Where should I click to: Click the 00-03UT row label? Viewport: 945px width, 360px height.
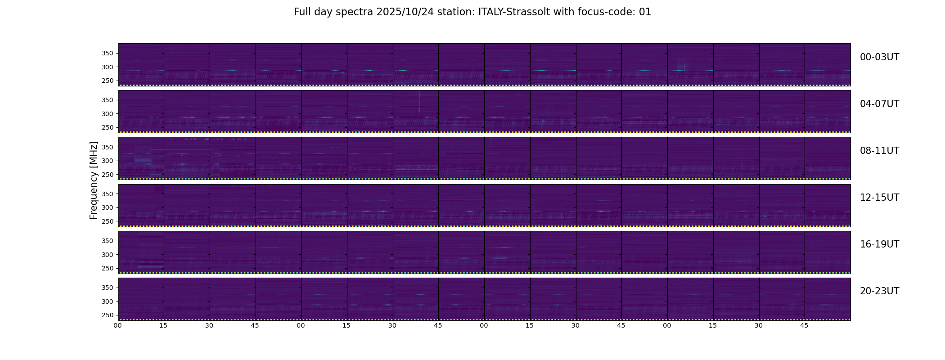pos(879,57)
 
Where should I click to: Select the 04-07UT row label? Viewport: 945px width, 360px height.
pos(879,104)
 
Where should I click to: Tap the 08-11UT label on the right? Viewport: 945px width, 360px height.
pos(879,151)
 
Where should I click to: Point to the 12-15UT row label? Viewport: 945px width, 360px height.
pos(879,198)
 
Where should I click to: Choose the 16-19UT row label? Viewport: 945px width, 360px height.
pos(879,244)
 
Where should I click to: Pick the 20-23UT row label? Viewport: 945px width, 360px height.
pos(879,291)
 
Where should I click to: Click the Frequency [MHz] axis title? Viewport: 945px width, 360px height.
pos(94,180)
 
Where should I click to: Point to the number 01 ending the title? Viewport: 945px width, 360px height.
pos(645,12)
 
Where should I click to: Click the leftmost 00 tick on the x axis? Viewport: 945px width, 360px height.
pos(118,325)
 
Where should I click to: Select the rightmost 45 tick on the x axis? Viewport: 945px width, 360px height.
pos(805,325)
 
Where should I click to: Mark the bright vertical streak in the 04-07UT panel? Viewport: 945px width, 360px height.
pos(419,102)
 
